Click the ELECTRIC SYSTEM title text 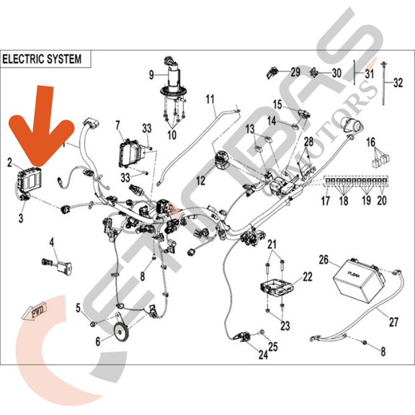coord(42,58)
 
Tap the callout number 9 coord(152,74)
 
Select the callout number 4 coord(52,243)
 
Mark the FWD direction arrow coord(35,312)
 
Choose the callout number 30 coord(336,73)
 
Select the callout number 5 coord(79,308)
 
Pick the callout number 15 coord(277,104)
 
